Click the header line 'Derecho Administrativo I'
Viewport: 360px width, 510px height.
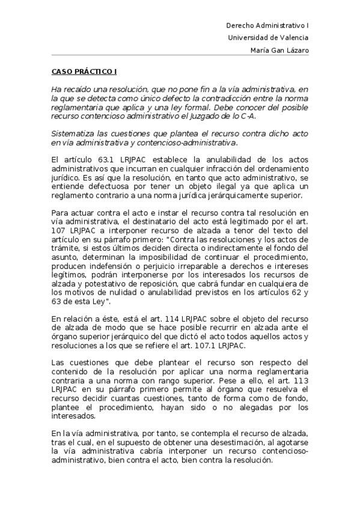[267, 26]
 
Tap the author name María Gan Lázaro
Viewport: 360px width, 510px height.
[279, 50]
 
